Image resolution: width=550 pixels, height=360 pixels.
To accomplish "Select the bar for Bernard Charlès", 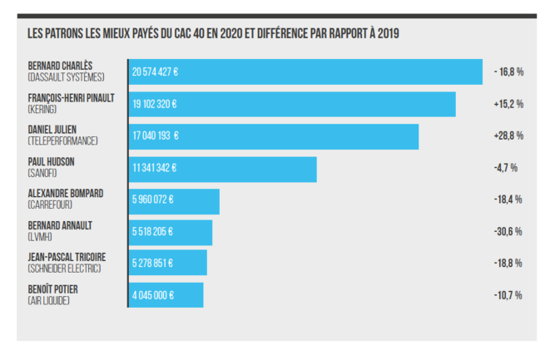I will (x=305, y=72).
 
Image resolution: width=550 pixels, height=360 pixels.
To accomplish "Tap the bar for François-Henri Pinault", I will (x=292, y=105).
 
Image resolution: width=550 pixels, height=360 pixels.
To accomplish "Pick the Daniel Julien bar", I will (x=274, y=136).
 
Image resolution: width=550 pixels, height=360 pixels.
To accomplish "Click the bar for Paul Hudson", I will (x=222, y=169).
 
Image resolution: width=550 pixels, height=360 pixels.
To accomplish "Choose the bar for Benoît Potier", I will (x=166, y=295).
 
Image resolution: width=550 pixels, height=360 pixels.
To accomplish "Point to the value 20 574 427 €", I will (x=156, y=72).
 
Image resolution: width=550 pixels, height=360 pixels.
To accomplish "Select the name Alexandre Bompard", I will (x=66, y=193).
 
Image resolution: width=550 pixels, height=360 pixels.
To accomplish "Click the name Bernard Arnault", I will (x=60, y=225).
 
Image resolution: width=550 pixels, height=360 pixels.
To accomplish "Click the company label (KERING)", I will (x=42, y=109).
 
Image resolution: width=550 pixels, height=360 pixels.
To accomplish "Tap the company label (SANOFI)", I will (x=42, y=173).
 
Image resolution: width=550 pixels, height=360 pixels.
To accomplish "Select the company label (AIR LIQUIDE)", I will (x=48, y=300).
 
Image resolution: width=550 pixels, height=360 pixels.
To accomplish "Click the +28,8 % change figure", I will (x=508, y=136).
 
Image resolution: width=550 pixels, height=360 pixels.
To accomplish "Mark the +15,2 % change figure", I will (x=508, y=104).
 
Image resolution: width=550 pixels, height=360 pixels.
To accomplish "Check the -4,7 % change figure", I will (x=506, y=168).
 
